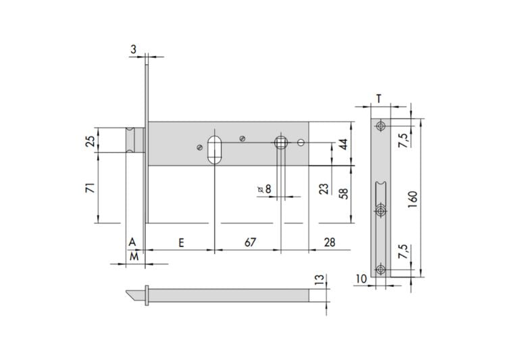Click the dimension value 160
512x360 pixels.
413,199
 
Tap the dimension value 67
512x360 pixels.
250,242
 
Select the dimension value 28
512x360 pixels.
330,242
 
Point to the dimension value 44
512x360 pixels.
343,144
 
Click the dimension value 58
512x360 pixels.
343,193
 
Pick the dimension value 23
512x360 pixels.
324,188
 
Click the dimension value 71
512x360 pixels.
90,188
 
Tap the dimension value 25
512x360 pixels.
90,140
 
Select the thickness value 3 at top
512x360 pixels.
133,49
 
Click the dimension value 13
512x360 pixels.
320,280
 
